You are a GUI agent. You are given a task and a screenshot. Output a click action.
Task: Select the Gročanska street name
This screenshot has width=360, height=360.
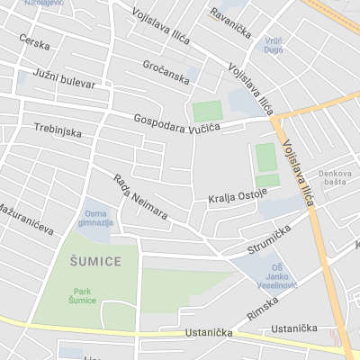166,72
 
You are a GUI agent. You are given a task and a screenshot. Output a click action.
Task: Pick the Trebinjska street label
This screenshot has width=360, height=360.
58,130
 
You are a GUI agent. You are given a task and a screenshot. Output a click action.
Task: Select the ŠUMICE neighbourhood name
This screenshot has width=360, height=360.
94,261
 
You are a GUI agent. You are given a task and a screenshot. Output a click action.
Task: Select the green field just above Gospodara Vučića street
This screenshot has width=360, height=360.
207,112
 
